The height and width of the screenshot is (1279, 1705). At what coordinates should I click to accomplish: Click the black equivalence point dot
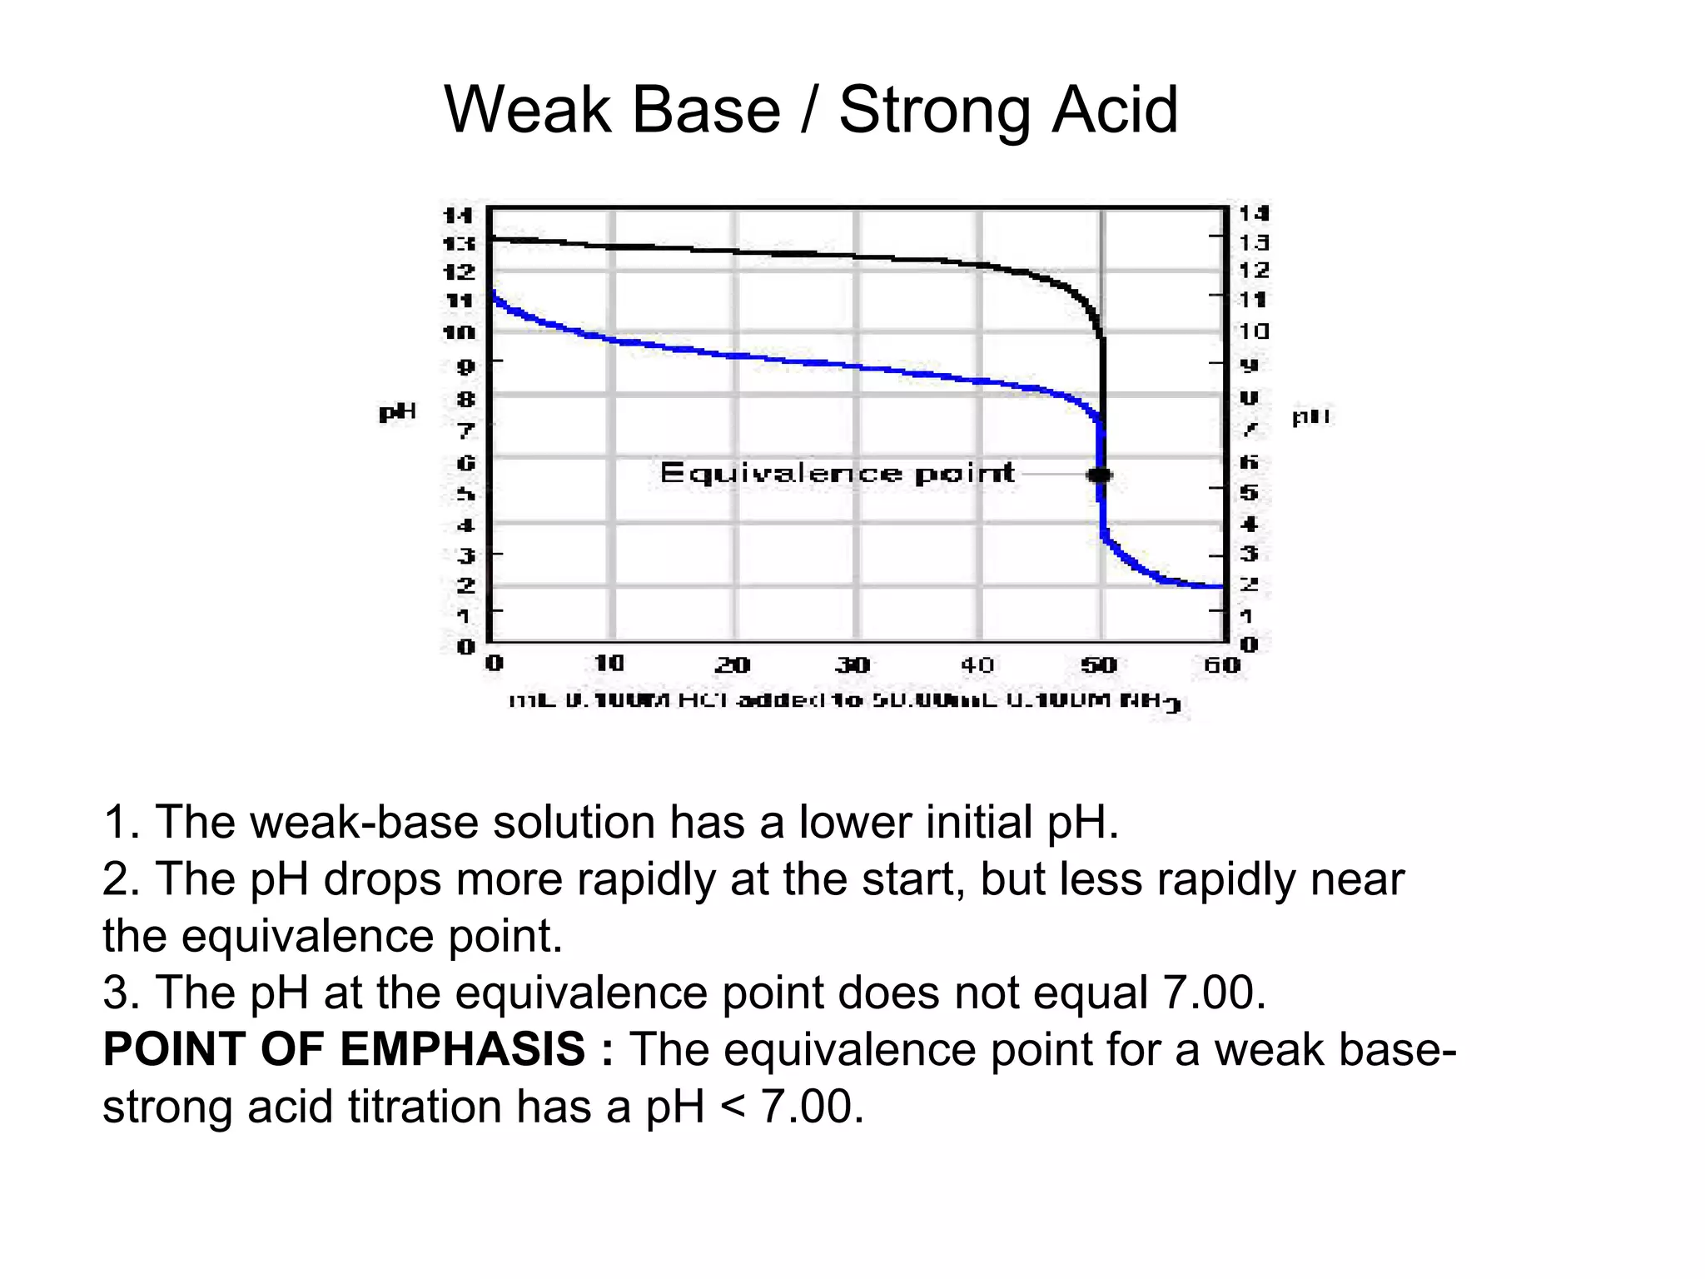point(1100,475)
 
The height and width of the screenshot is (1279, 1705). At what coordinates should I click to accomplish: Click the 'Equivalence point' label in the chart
point(837,473)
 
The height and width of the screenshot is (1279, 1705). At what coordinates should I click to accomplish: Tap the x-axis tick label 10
point(609,664)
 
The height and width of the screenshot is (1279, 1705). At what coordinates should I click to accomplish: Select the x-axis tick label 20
point(733,664)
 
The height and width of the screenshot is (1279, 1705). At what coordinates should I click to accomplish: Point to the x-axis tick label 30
point(852,664)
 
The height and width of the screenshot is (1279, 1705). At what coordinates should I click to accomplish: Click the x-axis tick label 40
point(977,664)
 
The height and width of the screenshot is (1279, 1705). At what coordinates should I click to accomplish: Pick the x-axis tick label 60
point(1221,664)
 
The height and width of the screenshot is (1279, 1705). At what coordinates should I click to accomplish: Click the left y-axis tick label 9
point(466,366)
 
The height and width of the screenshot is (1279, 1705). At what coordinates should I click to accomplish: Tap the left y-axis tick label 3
point(466,555)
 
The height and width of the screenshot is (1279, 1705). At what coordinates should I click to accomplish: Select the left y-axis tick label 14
point(458,216)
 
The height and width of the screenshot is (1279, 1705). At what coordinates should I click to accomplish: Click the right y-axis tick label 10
point(1254,331)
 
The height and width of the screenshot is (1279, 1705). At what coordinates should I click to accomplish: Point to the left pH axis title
point(397,412)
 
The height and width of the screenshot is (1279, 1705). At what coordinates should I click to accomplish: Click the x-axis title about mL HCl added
point(844,701)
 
